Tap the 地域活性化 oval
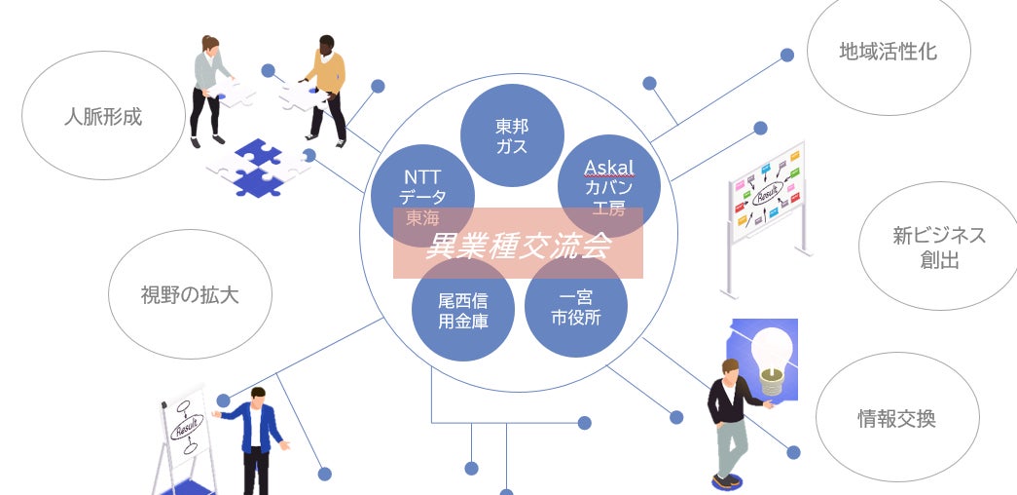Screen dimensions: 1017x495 pos(888,52)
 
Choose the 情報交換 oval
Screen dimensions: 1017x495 pos(896,419)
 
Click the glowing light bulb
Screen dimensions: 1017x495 pos(775,352)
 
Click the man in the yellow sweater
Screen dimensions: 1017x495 pos(323,88)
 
